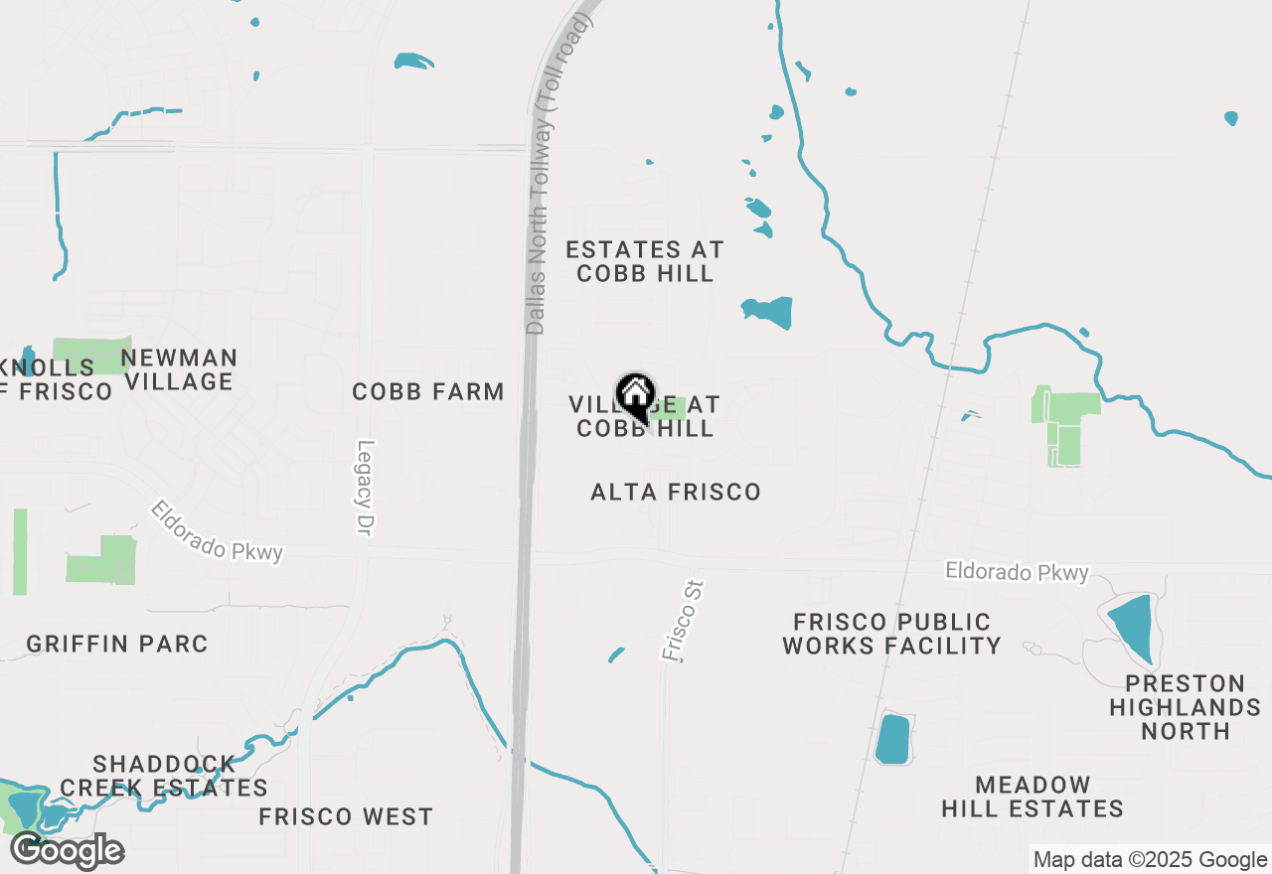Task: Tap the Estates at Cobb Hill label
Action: tap(645, 261)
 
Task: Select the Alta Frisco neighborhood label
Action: tap(676, 492)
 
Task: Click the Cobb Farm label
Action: tap(428, 392)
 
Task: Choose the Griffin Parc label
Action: tap(117, 644)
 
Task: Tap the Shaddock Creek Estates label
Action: tap(164, 776)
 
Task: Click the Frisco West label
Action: tap(346, 817)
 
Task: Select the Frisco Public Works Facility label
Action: tap(891, 634)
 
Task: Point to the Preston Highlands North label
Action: tap(1185, 707)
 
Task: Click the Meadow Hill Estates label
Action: tap(1033, 798)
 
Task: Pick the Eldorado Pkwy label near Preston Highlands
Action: tap(1017, 572)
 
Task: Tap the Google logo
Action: tap(68, 850)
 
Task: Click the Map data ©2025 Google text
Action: tap(1150, 860)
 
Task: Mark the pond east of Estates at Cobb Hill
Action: tap(768, 312)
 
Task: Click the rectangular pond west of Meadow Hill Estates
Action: tap(893, 739)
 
